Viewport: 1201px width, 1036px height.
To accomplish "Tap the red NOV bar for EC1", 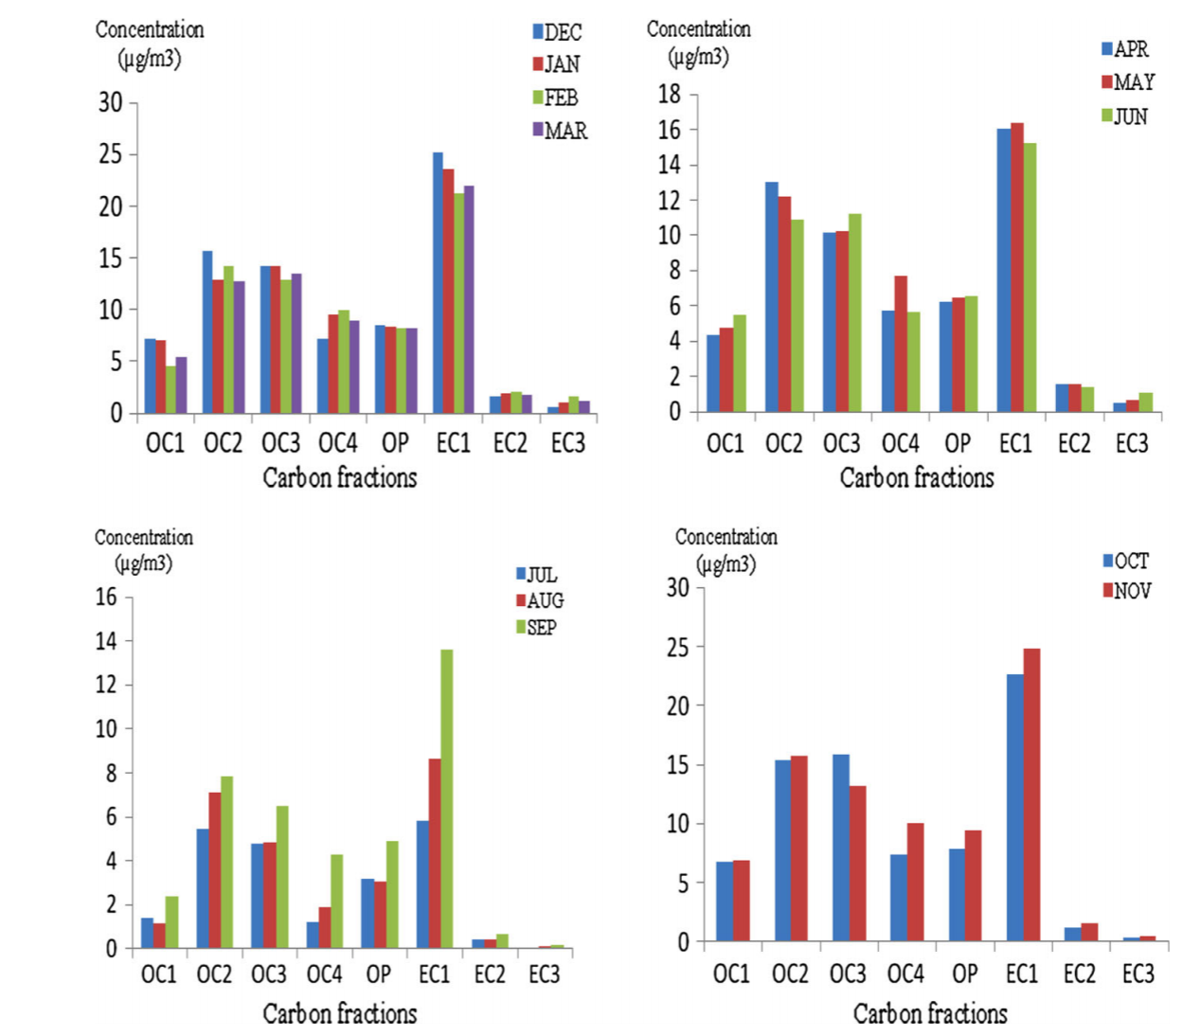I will coord(1031,795).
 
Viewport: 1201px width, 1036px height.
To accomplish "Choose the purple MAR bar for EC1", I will coord(468,299).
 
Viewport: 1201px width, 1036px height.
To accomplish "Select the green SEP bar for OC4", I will coord(336,901).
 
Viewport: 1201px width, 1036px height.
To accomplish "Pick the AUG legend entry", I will coord(539,600).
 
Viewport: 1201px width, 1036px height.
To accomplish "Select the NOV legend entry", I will coord(1126,591).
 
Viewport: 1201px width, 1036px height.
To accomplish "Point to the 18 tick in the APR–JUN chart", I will coord(670,94).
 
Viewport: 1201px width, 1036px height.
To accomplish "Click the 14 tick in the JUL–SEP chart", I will coord(106,641).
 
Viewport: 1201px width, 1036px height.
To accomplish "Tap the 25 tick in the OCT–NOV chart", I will coord(678,647).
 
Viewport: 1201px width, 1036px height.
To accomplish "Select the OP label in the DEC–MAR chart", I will coord(395,443).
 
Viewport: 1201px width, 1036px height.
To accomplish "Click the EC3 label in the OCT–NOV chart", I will coord(1138,973).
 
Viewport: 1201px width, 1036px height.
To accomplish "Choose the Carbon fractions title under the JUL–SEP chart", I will coord(339,1014).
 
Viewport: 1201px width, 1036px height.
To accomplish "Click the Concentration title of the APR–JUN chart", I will coord(698,30).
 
